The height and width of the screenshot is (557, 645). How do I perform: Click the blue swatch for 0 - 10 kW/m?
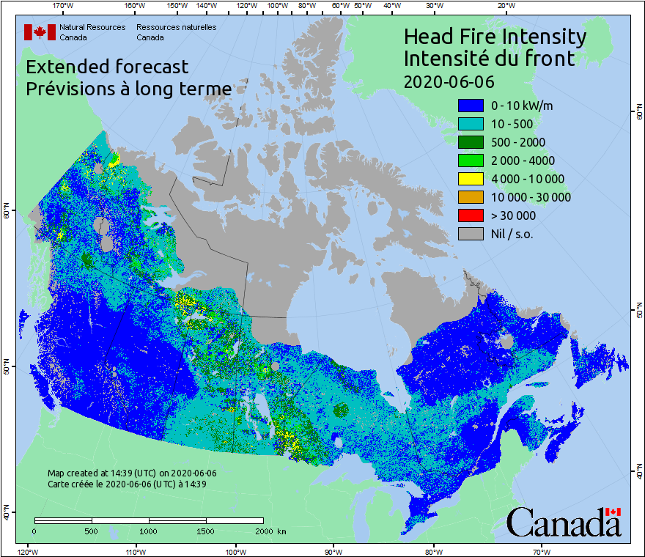(x=471, y=106)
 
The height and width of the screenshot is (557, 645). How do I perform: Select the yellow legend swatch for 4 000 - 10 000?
(x=471, y=179)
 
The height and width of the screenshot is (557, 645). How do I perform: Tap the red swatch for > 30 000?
(x=471, y=215)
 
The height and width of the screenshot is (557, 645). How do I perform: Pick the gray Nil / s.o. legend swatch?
(x=471, y=234)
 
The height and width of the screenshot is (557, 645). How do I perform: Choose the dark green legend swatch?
(x=471, y=142)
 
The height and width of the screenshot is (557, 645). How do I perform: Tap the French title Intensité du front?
(x=490, y=58)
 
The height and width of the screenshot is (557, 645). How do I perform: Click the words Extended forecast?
(x=107, y=67)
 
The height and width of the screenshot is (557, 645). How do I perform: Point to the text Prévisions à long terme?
(x=128, y=89)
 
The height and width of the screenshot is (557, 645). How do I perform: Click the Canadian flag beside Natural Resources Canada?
(x=40, y=32)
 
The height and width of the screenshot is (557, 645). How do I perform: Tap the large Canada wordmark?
(x=564, y=523)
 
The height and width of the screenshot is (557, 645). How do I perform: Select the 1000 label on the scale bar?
(x=149, y=531)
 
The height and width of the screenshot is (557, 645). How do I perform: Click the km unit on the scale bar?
(x=282, y=531)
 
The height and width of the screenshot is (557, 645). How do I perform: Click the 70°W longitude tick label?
(x=542, y=551)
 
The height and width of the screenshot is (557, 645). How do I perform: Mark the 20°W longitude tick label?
(x=504, y=6)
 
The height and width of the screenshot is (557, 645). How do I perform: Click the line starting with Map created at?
(x=132, y=473)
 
